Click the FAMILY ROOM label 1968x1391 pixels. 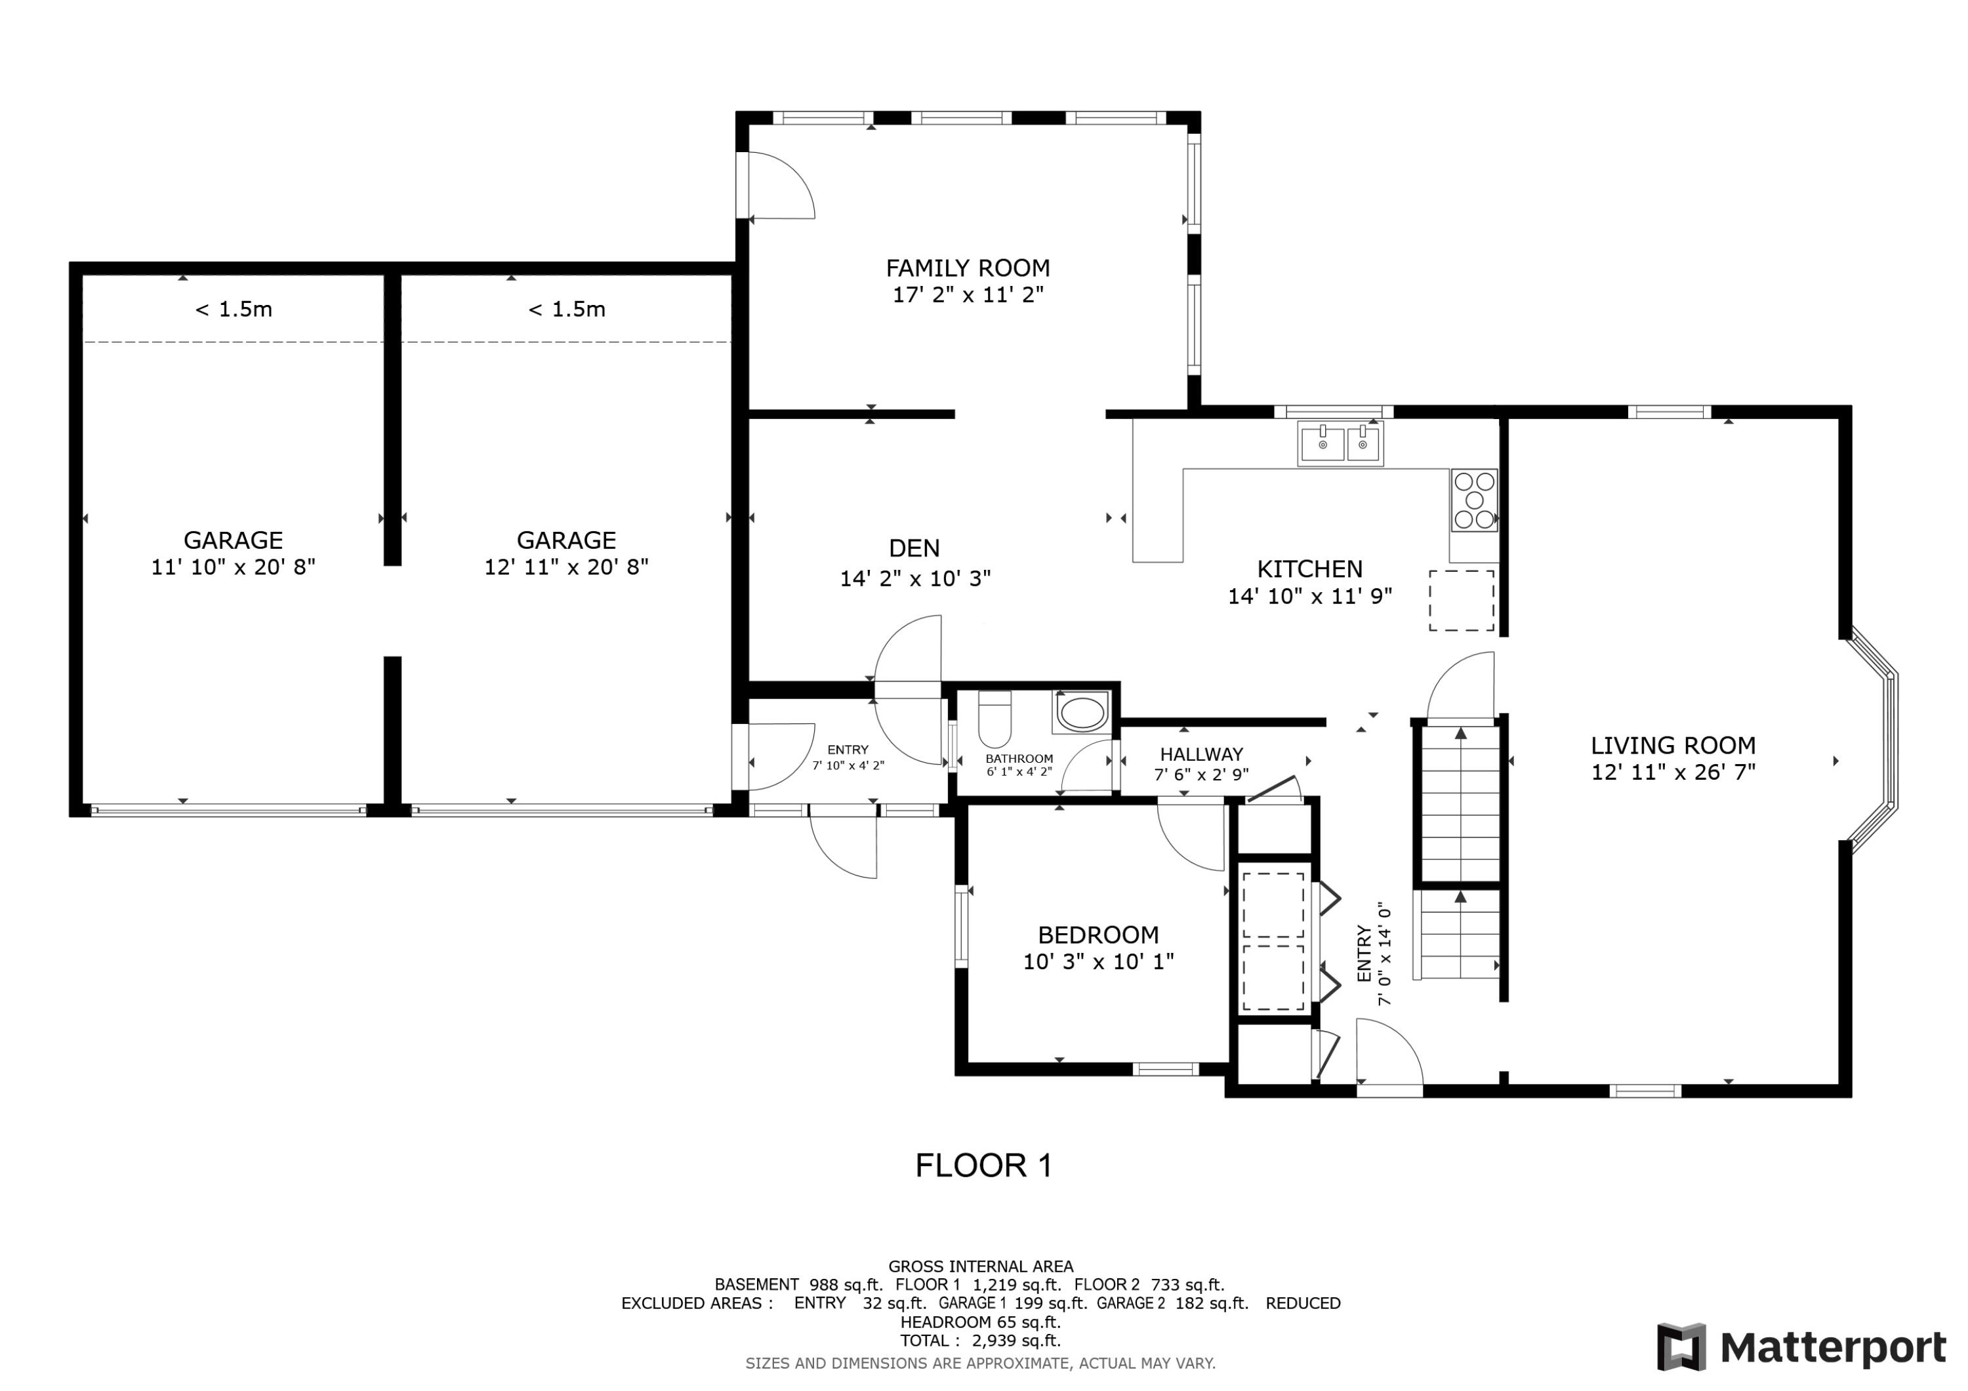point(967,268)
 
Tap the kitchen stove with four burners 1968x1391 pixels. point(1473,500)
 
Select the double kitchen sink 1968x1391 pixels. point(1340,444)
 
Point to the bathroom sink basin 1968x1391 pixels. point(1082,713)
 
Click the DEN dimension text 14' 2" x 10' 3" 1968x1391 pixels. point(914,578)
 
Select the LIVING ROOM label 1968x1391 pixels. point(1672,746)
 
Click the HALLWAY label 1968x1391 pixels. point(1201,754)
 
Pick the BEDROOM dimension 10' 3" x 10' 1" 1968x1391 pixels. point(1098,961)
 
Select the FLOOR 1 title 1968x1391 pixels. point(983,1165)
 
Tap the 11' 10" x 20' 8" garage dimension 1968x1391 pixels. point(233,567)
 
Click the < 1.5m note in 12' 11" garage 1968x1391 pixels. point(567,310)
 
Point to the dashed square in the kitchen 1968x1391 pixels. point(1460,601)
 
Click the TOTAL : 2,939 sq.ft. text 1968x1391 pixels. point(979,1341)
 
